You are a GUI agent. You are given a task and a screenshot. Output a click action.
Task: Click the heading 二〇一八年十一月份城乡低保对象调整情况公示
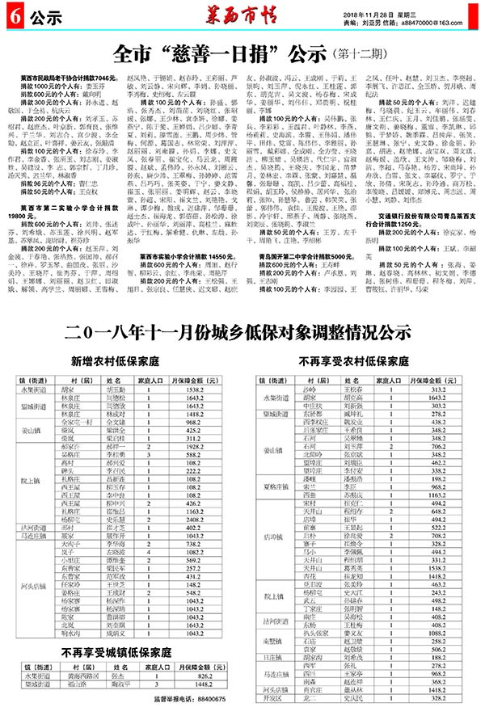239,331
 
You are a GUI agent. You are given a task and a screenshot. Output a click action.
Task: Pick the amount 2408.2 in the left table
197,541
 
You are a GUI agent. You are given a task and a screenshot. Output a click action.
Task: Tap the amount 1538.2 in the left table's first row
197,389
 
